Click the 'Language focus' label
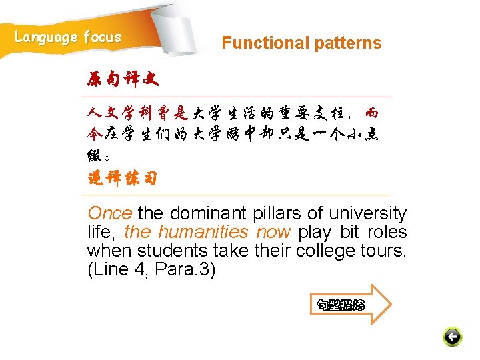pos(68,37)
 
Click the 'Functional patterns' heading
pos(301,43)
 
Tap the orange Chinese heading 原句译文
pos(123,80)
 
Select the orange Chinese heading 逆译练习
pos(123,179)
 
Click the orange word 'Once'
pos(110,213)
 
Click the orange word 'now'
pos(273,232)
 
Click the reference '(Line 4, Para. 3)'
pos(151,270)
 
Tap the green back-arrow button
pos(452,337)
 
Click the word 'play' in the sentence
pos(315,232)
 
